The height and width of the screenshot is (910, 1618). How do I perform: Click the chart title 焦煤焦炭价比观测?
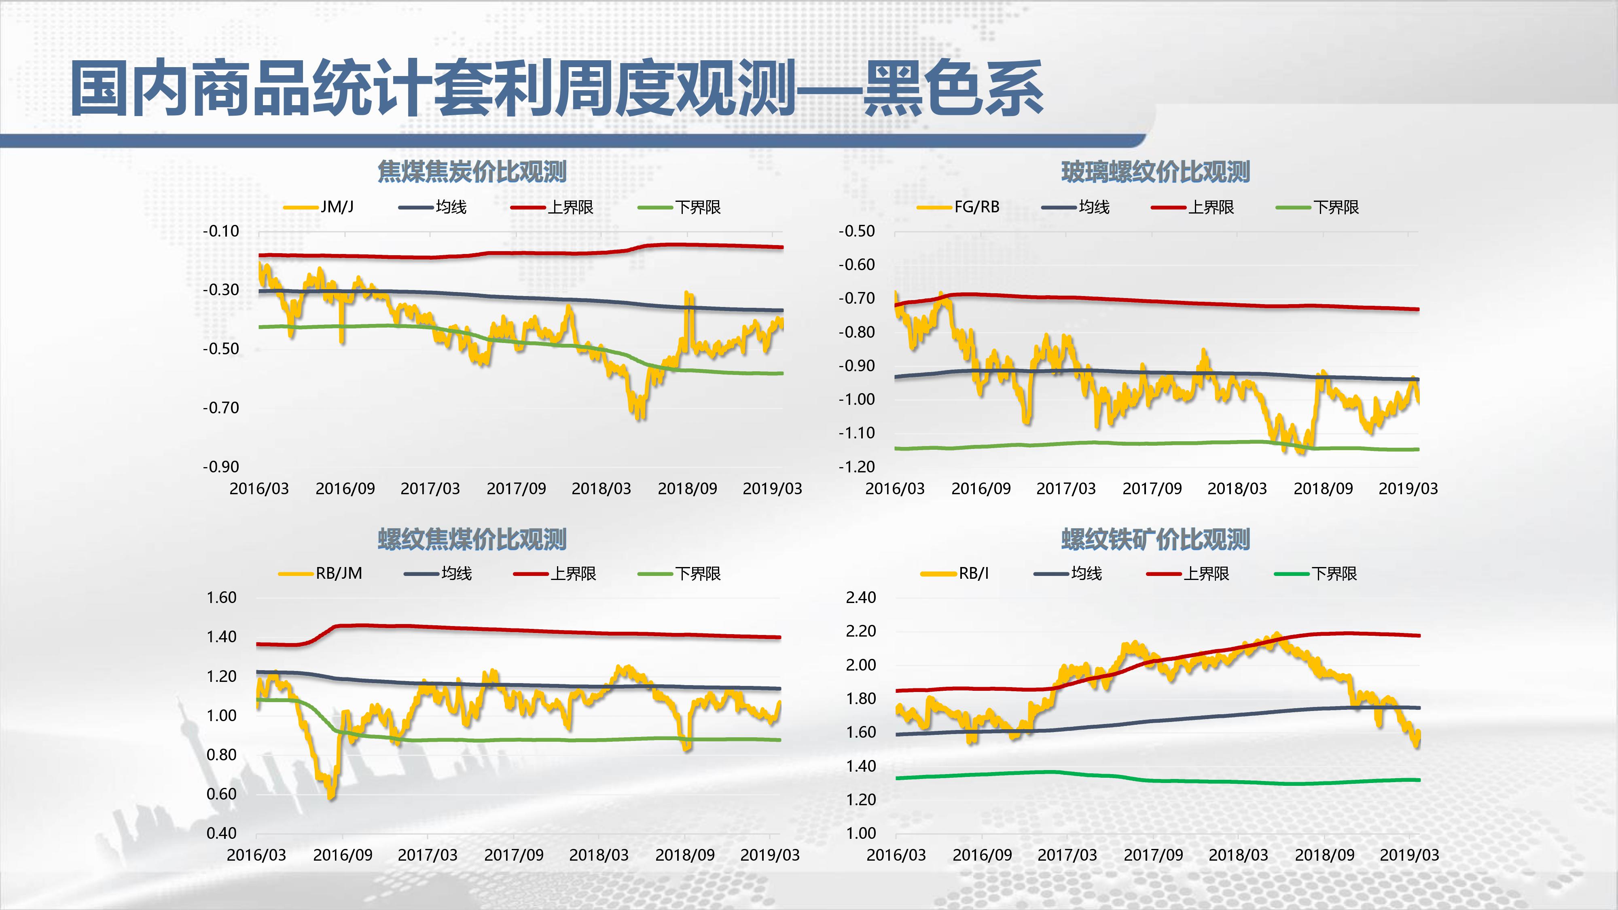[x=472, y=171]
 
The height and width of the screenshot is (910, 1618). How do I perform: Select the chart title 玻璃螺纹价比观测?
[x=1155, y=171]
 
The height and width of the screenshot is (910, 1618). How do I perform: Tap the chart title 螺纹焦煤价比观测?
[x=472, y=539]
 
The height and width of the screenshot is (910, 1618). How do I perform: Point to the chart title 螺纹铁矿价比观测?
[x=1155, y=539]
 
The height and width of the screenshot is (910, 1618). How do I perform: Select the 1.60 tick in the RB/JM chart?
[x=221, y=597]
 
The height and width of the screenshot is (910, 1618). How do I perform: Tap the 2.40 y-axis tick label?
[x=860, y=597]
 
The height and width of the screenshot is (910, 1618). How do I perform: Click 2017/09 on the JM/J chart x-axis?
[x=516, y=489]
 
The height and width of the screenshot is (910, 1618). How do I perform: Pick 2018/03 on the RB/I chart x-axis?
[x=1238, y=855]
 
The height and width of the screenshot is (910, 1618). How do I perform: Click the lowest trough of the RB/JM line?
[x=331, y=796]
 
